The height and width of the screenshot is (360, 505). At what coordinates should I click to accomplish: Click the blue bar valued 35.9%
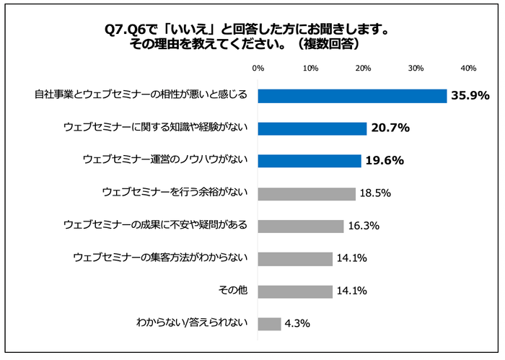[352, 96]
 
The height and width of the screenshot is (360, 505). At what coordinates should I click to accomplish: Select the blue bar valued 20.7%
[312, 128]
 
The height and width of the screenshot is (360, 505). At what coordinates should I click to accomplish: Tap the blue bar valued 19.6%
[309, 161]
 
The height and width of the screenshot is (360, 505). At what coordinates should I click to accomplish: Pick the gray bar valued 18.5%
[306, 193]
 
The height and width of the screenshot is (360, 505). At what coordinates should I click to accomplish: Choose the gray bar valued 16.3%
[300, 226]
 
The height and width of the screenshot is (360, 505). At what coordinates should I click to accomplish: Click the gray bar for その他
[294, 291]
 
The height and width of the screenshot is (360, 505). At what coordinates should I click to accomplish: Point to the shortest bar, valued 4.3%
[269, 323]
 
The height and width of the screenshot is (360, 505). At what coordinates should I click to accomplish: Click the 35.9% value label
[470, 96]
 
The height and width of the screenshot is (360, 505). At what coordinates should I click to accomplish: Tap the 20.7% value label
[391, 128]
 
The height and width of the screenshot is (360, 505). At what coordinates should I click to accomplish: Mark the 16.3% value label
[364, 226]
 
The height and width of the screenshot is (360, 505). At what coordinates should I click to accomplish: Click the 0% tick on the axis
[258, 68]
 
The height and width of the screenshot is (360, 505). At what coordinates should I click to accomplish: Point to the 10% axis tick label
[310, 68]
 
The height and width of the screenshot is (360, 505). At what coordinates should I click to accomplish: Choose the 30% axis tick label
[416, 68]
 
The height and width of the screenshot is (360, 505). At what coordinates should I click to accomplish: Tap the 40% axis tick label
[467, 68]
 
